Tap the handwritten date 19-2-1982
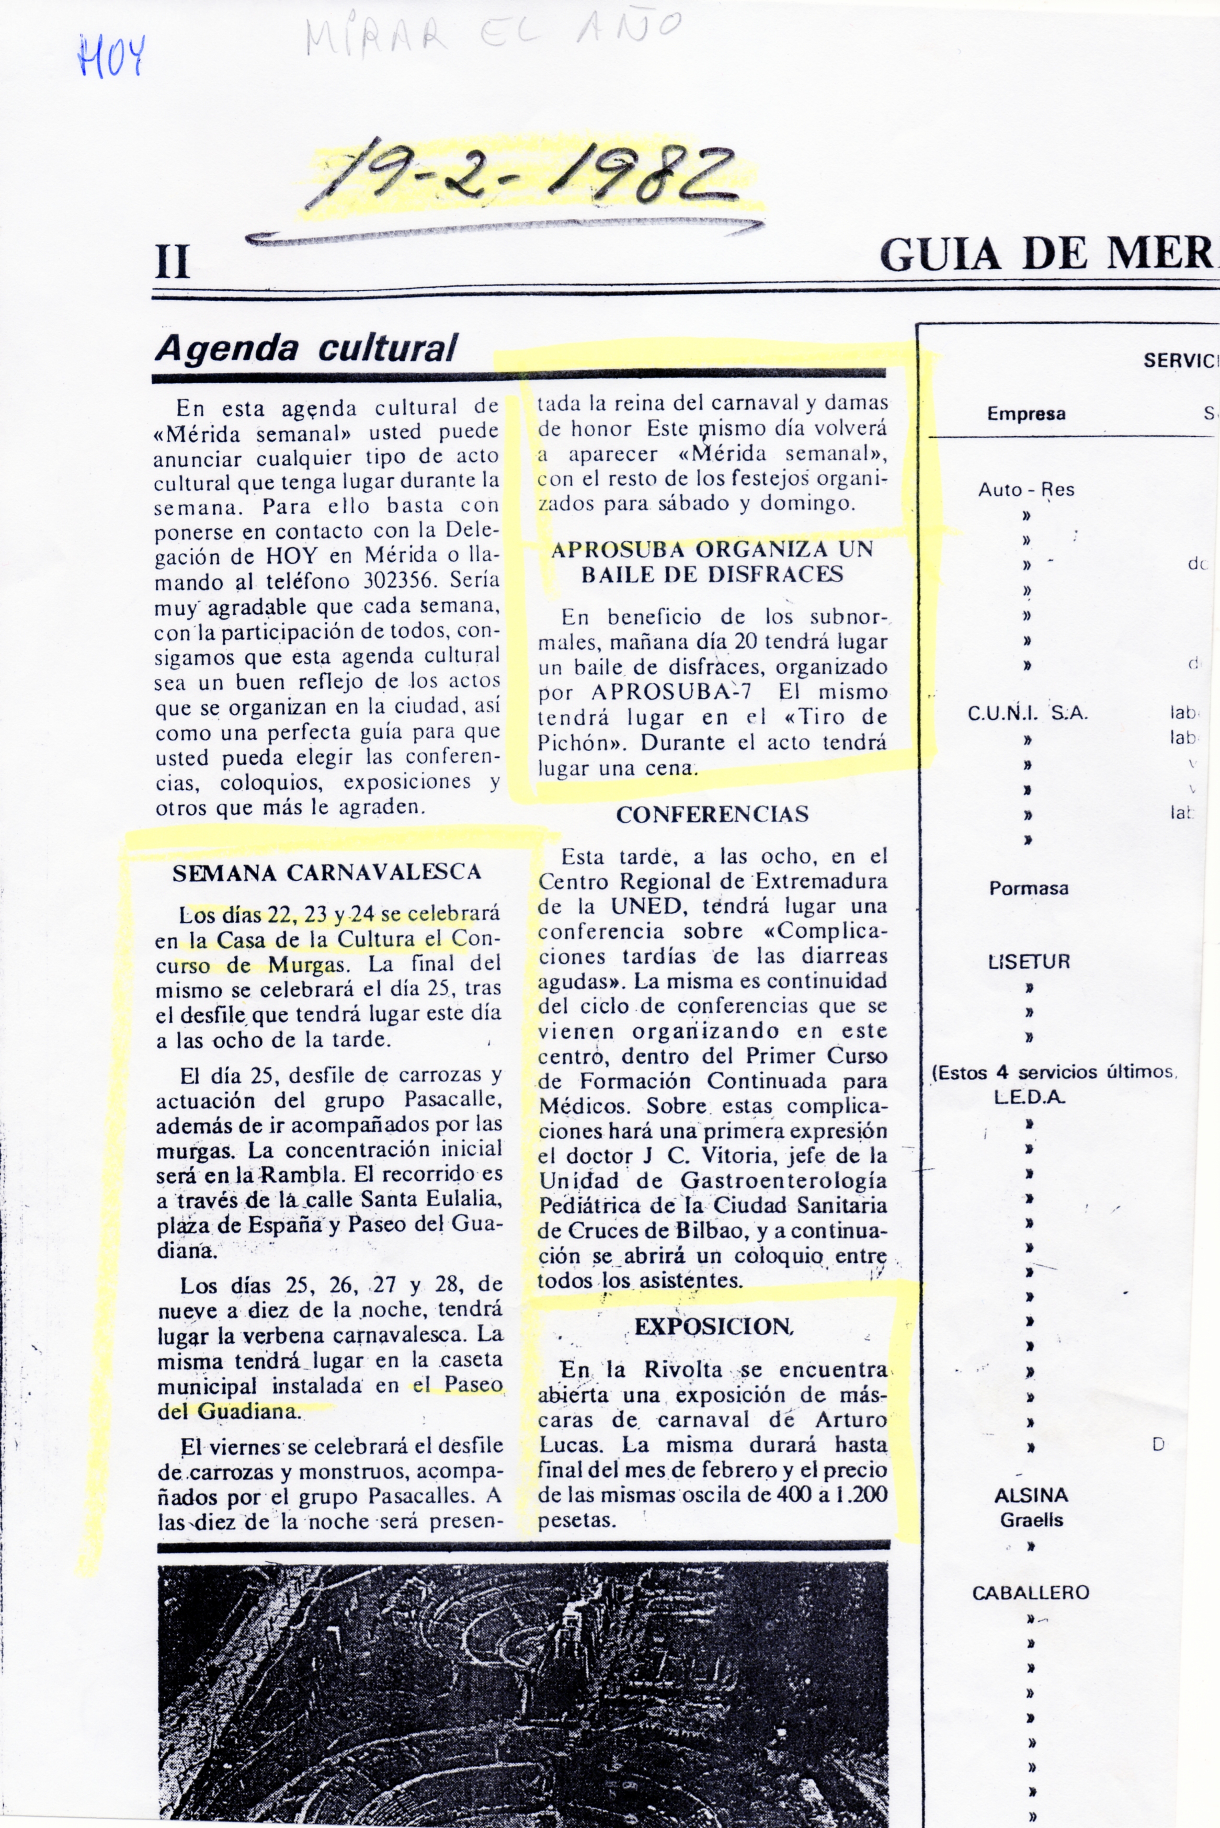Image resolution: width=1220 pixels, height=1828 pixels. pyautogui.click(x=520, y=178)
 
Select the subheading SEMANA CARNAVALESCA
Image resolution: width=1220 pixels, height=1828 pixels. pyautogui.click(x=327, y=872)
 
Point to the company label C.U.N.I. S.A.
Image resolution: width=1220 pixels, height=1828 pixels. pyautogui.click(x=1027, y=713)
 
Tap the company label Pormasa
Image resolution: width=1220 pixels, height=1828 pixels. pyautogui.click(x=1029, y=889)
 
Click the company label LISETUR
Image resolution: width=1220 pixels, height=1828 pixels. pyautogui.click(x=1029, y=962)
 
